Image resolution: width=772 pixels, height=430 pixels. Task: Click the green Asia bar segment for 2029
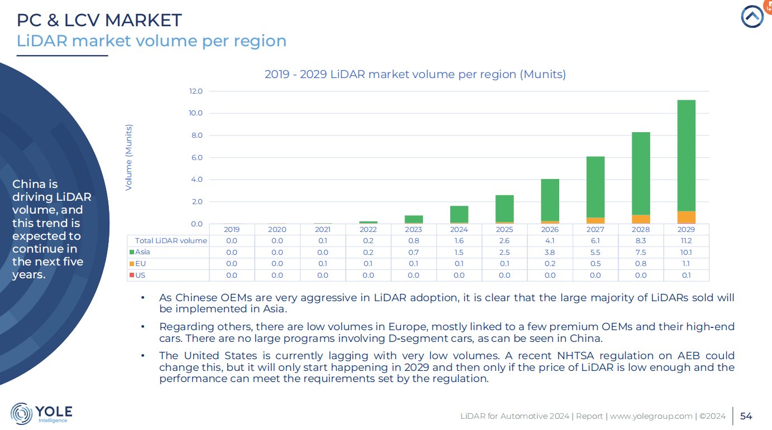click(x=686, y=156)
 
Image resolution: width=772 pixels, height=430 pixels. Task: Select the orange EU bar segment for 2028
click(x=641, y=219)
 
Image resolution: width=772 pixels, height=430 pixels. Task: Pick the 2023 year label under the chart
click(x=413, y=229)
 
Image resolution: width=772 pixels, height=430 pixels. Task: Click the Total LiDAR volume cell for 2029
click(x=686, y=241)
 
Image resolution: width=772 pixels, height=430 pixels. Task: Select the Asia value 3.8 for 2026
click(x=550, y=252)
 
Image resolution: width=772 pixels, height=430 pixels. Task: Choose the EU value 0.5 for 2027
click(x=595, y=263)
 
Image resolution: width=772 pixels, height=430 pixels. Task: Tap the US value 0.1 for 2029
click(x=686, y=275)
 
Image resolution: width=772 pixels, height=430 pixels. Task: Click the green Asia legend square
click(x=132, y=252)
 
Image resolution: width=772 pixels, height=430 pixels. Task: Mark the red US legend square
click(x=132, y=275)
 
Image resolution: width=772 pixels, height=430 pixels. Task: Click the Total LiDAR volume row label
click(x=171, y=241)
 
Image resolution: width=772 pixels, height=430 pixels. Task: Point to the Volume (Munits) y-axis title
click(x=129, y=157)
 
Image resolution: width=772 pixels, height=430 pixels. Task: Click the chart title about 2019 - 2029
click(x=415, y=74)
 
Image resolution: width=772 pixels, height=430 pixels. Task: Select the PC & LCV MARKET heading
click(x=99, y=20)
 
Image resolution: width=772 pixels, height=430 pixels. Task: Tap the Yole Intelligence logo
click(x=41, y=413)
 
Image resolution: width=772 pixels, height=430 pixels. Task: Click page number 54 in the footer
click(x=746, y=416)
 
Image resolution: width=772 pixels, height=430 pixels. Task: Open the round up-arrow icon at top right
click(x=752, y=17)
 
